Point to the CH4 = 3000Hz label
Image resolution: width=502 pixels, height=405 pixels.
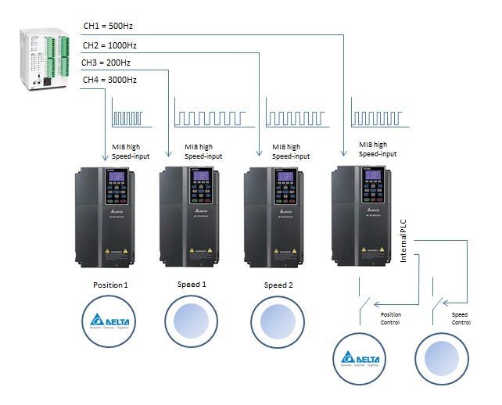(110, 80)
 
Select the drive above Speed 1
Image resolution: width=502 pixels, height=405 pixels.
(195, 217)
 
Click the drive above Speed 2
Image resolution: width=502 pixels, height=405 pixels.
(281, 217)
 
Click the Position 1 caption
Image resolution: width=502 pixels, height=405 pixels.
(109, 285)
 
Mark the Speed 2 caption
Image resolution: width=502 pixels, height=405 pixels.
(278, 285)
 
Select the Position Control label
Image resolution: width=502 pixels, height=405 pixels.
(391, 318)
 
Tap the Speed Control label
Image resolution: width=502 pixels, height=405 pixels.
(462, 318)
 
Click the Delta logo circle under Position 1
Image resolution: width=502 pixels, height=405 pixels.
(109, 320)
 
